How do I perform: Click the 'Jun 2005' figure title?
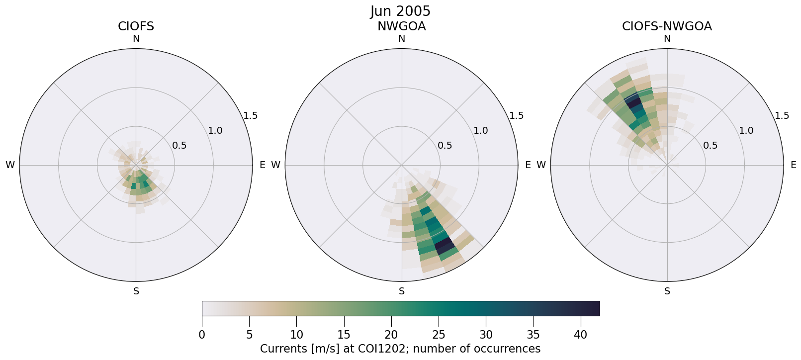tap(400, 11)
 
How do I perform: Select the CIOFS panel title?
tap(136, 26)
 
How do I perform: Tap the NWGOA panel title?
tap(401, 26)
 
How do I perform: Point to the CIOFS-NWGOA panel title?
tap(667, 26)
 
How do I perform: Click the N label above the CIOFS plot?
tap(136, 39)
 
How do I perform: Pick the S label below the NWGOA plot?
tap(402, 291)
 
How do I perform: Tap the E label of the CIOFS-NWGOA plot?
tap(794, 165)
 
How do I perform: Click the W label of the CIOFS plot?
tap(10, 165)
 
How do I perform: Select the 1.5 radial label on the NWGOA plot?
tap(517, 115)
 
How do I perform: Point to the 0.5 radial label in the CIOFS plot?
tap(179, 146)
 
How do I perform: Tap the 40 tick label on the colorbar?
tap(581, 335)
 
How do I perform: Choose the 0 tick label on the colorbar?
tap(202, 335)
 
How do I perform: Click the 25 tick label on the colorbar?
tap(439, 335)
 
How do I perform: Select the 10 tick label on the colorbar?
tap(296, 335)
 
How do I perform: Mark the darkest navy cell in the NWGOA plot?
tap(444, 244)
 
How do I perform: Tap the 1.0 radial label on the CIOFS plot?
tap(215, 131)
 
